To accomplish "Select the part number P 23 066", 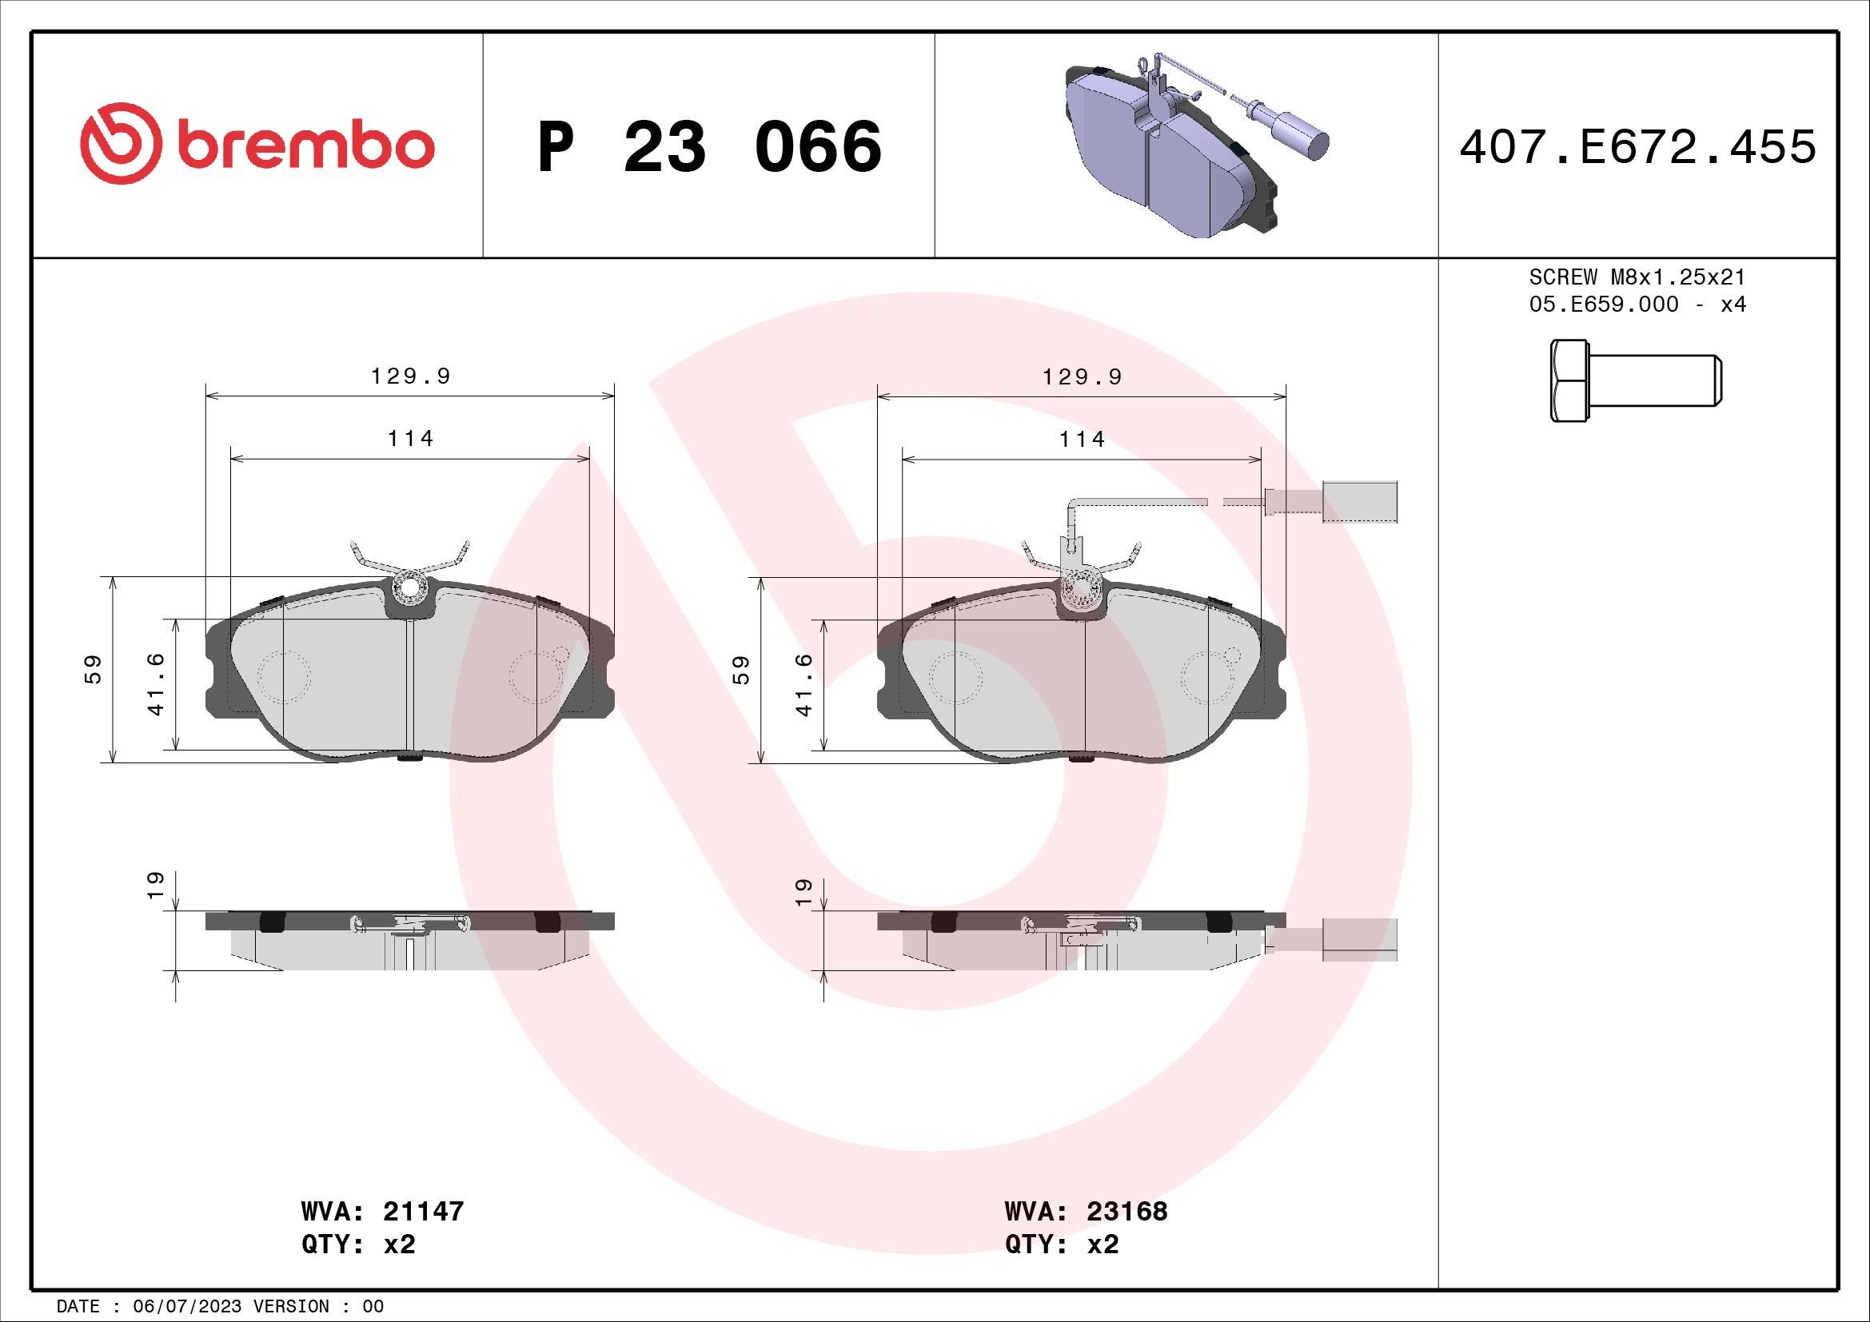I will coord(708,147).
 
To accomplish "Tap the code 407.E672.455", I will coord(1637,147).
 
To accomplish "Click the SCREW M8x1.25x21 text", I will coord(1637,277).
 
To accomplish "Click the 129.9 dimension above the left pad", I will coord(409,377).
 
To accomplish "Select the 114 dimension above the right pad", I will coord(1082,440).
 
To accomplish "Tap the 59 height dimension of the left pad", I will coord(94,669).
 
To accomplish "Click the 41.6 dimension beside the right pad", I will coord(805,684).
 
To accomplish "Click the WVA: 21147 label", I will coord(382,1210).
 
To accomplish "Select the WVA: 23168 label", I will coord(1086,1210).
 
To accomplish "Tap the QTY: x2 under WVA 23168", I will coord(1061,1244).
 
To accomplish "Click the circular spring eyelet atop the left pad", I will coord(409,587).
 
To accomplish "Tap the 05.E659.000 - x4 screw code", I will coord(1637,305).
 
